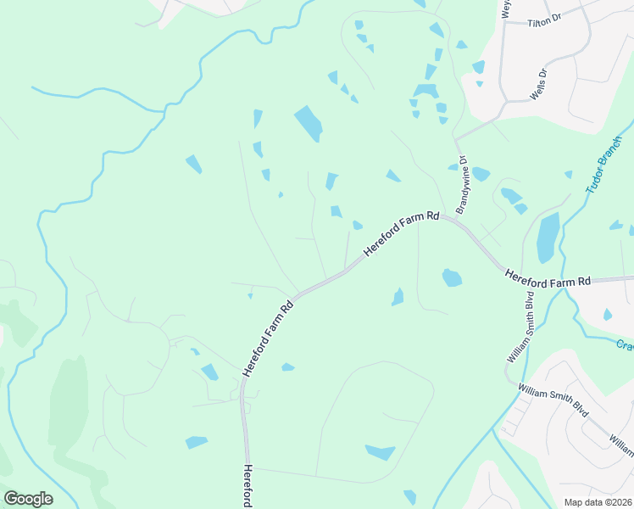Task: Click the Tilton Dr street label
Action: pyautogui.click(x=545, y=24)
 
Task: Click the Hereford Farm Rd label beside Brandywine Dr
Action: pyautogui.click(x=401, y=235)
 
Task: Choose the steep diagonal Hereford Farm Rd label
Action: pyautogui.click(x=268, y=337)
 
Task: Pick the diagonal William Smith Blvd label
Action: pyautogui.click(x=553, y=398)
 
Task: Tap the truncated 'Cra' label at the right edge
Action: pyautogui.click(x=625, y=345)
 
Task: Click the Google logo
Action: pyautogui.click(x=28, y=498)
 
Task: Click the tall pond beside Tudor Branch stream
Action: pyautogui.click(x=548, y=237)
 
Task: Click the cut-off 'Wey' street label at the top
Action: pyautogui.click(x=507, y=8)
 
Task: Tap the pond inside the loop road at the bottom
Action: pyautogui.click(x=381, y=452)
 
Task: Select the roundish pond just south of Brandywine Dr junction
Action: pyautogui.click(x=452, y=277)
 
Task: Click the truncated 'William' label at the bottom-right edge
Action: pyautogui.click(x=620, y=442)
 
